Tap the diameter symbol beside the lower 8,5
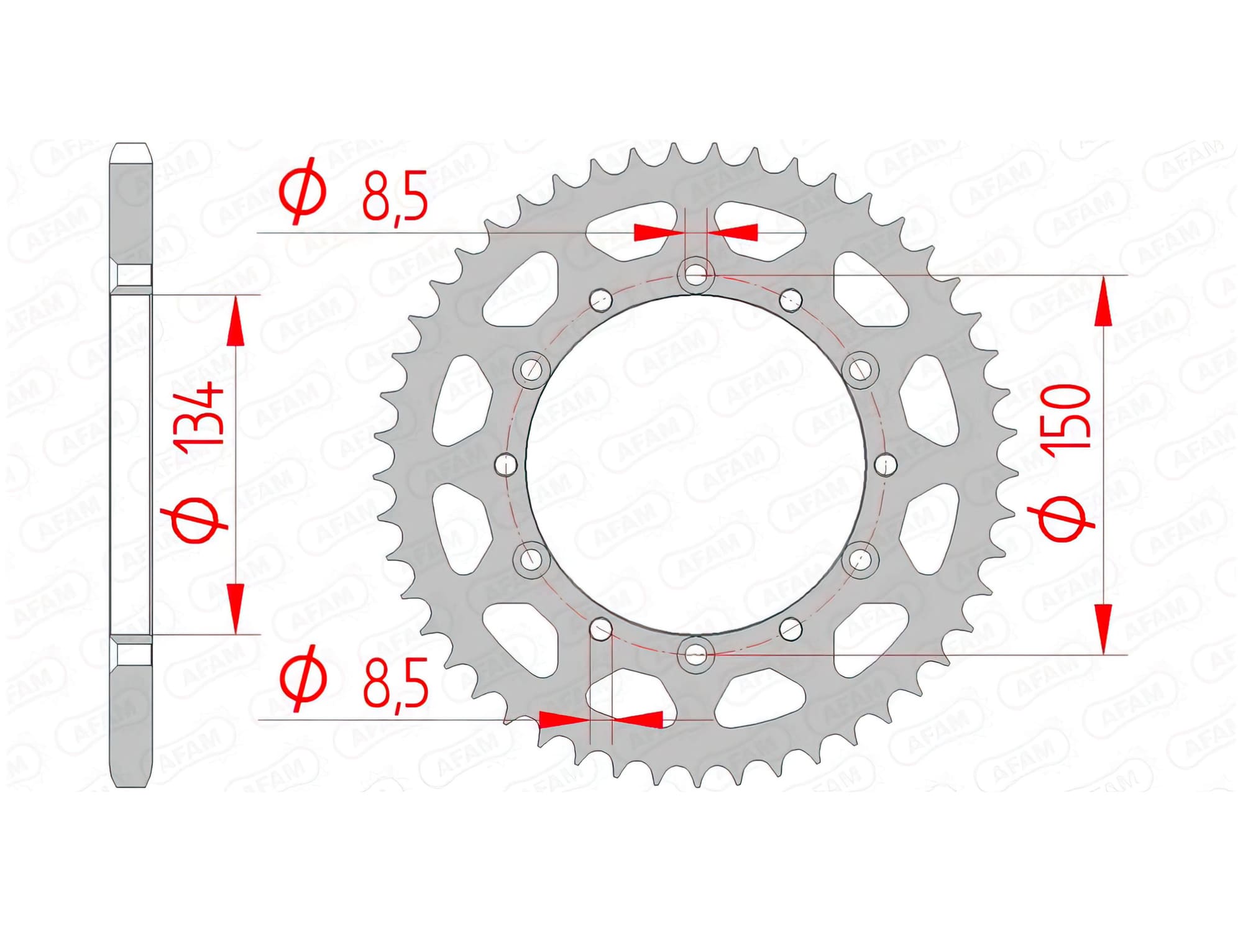click(303, 678)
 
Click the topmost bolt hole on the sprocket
click(695, 273)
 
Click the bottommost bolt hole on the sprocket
click(695, 653)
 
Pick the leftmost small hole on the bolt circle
click(507, 464)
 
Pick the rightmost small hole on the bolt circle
click(885, 463)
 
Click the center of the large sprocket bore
click(696, 464)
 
